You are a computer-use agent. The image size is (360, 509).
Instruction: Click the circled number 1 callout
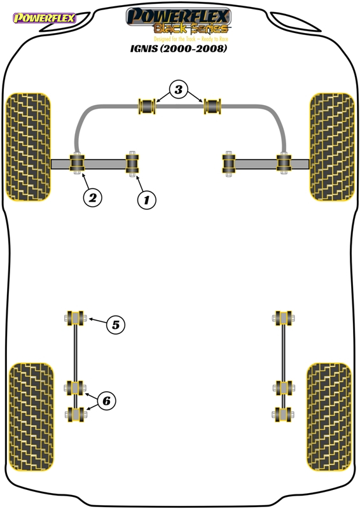(x=146, y=200)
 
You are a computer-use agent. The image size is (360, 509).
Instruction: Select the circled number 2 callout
(x=92, y=197)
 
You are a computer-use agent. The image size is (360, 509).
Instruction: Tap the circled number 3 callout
(x=179, y=89)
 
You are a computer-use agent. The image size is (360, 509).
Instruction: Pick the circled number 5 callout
(x=116, y=324)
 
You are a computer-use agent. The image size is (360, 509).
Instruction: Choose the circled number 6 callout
(x=106, y=401)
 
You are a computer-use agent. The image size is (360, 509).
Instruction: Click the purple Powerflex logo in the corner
(x=45, y=18)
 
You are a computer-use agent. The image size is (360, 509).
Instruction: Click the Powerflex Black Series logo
(x=178, y=21)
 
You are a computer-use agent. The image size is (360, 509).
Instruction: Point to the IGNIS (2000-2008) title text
(x=178, y=48)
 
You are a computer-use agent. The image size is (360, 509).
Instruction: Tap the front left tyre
(x=29, y=147)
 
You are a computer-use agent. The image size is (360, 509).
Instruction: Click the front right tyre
(x=332, y=147)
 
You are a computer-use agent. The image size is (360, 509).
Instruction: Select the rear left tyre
(x=31, y=417)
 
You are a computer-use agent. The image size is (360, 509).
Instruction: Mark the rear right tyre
(x=329, y=417)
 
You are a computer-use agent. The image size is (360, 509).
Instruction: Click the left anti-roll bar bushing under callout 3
(x=147, y=106)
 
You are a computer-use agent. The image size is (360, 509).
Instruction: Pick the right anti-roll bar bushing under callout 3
(x=212, y=106)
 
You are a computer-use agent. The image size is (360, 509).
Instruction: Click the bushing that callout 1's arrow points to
(x=132, y=164)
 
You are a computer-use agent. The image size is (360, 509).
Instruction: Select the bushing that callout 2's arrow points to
(x=77, y=164)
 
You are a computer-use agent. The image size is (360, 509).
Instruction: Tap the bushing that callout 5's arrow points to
(x=75, y=318)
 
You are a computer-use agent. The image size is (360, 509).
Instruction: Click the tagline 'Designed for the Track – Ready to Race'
(x=191, y=39)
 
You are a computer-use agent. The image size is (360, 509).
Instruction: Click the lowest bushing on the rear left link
(x=75, y=415)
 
